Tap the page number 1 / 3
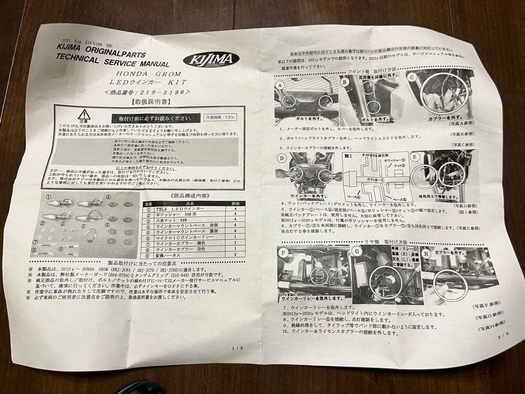coord(236,348)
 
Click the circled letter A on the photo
coord(280,85)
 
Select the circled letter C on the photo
coord(412,77)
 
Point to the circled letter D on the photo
coord(282,159)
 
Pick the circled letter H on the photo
coord(427,253)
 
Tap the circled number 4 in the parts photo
coord(108,197)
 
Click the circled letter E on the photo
coord(415,157)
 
